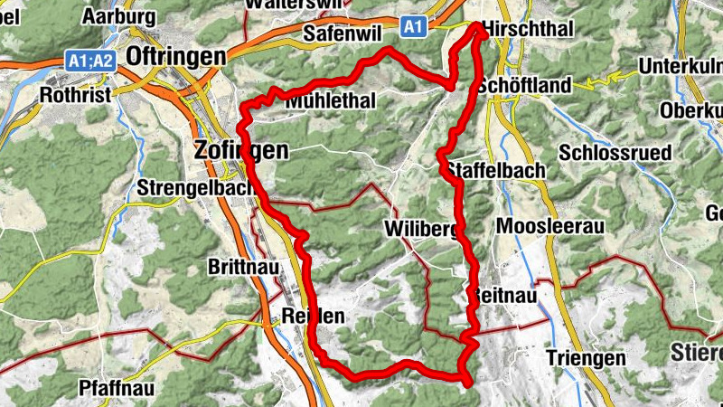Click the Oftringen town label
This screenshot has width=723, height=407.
pos(176,56)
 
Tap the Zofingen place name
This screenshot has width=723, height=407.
pos(240,151)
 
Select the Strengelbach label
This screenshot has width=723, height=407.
pos(189,189)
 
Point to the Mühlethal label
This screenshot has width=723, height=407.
pos(330,101)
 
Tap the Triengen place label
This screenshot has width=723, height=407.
pos(586,358)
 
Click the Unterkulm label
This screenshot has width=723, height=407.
pos(679,66)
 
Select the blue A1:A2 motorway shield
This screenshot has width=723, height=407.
pos(90,61)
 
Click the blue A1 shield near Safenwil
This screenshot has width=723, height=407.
pos(413,27)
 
